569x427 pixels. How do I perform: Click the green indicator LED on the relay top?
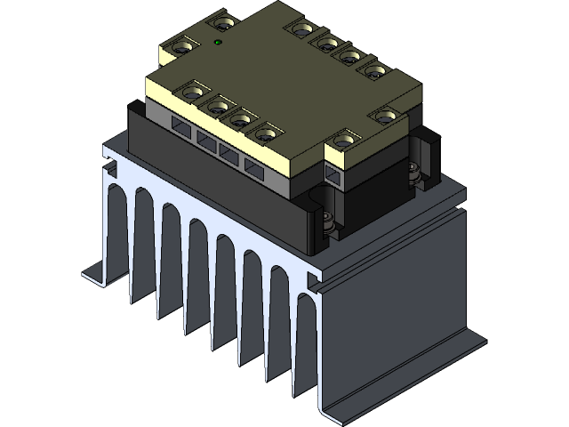click(x=219, y=42)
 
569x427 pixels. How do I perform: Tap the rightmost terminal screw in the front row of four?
click(x=265, y=134)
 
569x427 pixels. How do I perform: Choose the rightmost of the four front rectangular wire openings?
click(x=254, y=172)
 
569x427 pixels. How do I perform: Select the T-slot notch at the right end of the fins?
click(x=313, y=281)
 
